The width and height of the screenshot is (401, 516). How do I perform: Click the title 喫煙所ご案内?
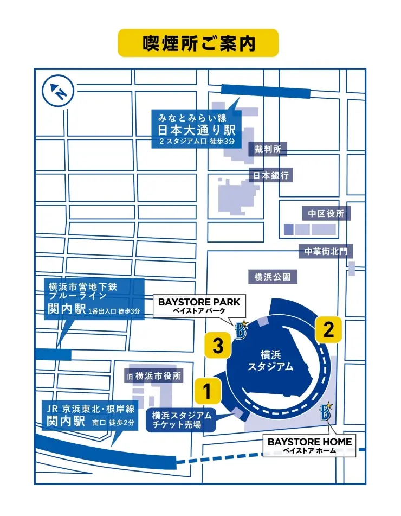click(x=198, y=43)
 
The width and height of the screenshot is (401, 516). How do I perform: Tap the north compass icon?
click(x=58, y=91)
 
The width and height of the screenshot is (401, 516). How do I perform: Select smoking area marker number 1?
click(x=206, y=390)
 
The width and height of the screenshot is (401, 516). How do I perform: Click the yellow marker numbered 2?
click(x=328, y=330)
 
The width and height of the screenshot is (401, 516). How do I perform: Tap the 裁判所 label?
click(x=268, y=149)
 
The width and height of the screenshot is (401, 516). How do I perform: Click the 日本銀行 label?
click(x=271, y=175)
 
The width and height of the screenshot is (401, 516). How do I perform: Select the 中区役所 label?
click(x=326, y=213)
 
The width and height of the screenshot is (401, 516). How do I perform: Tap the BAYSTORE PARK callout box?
click(x=201, y=306)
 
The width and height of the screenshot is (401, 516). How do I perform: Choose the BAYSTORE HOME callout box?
click(x=309, y=445)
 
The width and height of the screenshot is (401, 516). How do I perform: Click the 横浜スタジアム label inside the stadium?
click(x=270, y=361)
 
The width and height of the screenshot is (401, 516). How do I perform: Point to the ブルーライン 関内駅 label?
click(x=94, y=299)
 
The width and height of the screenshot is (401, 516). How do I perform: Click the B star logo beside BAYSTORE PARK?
click(x=241, y=329)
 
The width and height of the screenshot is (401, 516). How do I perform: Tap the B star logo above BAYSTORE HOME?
click(x=326, y=411)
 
